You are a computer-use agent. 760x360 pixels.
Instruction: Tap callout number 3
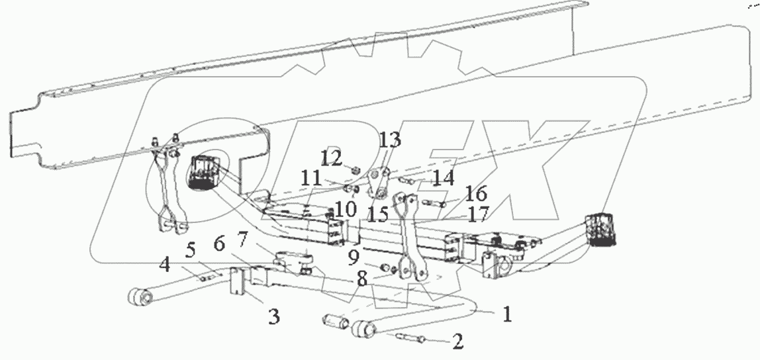pyautogui.click(x=273, y=317)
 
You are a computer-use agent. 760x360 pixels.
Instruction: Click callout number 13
pyautogui.click(x=390, y=140)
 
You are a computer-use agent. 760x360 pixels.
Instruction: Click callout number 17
pyautogui.click(x=479, y=214)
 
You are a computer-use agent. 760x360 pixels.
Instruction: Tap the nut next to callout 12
pyautogui.click(x=356, y=171)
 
